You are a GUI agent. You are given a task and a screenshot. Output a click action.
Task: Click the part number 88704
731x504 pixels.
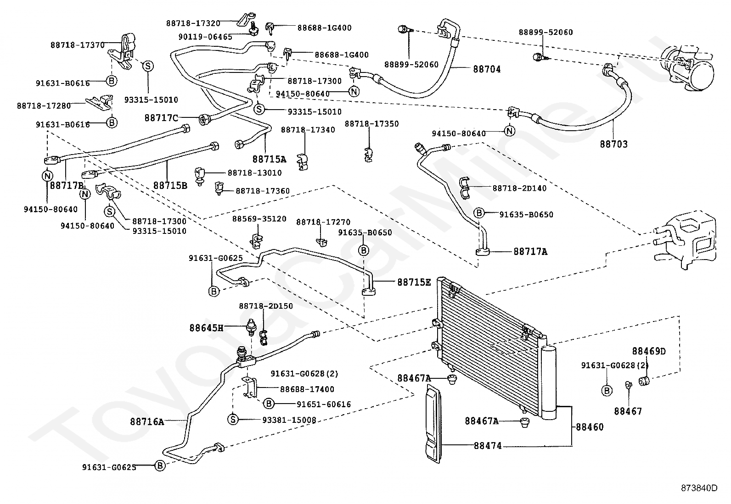click(487, 69)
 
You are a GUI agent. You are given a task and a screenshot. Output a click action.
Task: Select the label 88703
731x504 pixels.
click(613, 144)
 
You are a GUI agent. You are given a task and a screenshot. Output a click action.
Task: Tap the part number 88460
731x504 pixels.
click(590, 427)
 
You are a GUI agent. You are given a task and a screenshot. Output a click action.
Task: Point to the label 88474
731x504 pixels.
click(488, 446)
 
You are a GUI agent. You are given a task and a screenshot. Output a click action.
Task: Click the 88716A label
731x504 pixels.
click(147, 422)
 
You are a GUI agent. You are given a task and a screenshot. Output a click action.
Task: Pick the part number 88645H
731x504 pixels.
click(206, 327)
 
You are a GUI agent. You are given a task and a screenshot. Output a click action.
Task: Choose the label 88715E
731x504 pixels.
click(414, 282)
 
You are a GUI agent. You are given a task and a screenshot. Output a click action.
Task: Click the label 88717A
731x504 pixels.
click(530, 252)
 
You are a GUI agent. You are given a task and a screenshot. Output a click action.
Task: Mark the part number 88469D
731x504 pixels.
click(649, 351)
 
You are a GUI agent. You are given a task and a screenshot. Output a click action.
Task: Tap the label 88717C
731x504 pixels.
click(161, 118)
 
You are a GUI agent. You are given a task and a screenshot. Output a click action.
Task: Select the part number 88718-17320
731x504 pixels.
click(193, 23)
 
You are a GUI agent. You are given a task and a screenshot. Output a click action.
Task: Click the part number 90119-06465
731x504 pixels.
click(205, 37)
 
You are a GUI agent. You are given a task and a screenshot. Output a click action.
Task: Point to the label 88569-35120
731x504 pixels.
click(259, 219)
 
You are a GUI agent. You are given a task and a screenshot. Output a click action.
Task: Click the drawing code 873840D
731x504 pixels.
click(699, 488)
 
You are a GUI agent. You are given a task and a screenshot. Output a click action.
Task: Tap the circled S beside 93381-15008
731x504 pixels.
click(233, 419)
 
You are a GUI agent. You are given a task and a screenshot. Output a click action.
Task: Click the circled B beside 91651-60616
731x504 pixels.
click(269, 404)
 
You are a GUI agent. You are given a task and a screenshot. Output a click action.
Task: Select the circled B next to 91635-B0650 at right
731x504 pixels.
click(479, 213)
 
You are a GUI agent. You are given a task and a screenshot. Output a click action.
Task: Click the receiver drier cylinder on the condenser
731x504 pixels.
click(549, 383)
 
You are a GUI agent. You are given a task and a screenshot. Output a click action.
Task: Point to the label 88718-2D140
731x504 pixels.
click(519, 188)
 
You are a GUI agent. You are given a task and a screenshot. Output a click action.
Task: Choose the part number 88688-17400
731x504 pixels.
click(307, 389)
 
